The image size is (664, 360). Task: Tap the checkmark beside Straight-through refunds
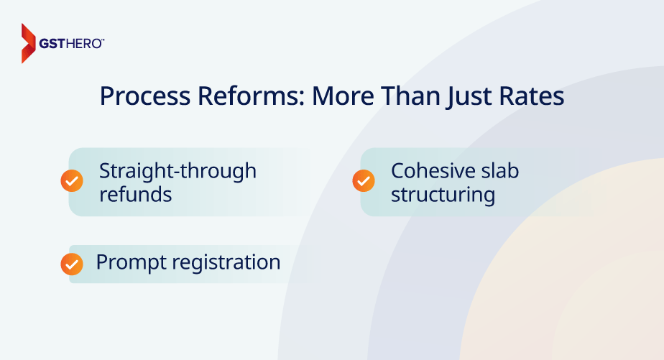click(x=72, y=181)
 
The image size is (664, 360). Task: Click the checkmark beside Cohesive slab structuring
click(x=364, y=181)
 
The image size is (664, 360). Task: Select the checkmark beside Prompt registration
click(x=72, y=264)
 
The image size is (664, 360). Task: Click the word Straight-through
click(x=177, y=172)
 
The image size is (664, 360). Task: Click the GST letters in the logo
click(x=60, y=44)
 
